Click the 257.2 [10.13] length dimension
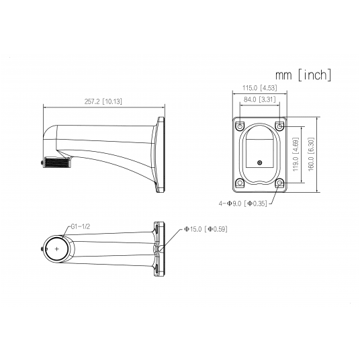[103, 101]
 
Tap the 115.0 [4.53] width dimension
[260, 88]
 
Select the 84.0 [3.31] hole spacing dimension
[260, 99]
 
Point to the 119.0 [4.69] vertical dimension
[296, 154]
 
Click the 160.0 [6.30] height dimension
[311, 154]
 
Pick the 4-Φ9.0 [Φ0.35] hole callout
[243, 204]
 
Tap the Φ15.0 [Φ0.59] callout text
[206, 229]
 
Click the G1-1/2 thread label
[81, 226]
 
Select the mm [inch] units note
[304, 75]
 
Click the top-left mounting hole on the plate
[240, 126]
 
